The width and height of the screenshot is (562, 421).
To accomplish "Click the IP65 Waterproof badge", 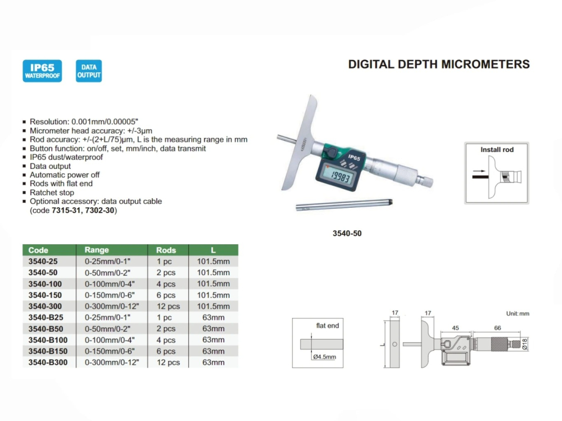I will point(42,71).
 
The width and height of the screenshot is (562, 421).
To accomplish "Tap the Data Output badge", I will point(89,71).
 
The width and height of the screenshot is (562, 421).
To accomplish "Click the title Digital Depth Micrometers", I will point(438,64).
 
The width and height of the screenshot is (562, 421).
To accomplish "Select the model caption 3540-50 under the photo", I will point(347,234).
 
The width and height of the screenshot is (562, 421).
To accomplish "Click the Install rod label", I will point(497,150).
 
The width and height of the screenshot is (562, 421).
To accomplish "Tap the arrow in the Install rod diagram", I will point(478,172).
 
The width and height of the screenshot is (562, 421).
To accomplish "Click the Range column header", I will point(97,250).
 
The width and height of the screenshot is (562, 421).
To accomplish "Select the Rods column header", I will point(166,250).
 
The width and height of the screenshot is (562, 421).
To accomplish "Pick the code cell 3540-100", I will point(44,284).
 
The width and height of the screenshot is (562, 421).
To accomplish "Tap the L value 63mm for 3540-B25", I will point(213,318).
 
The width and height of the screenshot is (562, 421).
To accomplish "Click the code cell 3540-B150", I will point(48,351).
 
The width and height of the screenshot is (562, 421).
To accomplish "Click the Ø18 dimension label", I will point(525,344).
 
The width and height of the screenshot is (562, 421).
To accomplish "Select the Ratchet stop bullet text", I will point(52,193).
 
